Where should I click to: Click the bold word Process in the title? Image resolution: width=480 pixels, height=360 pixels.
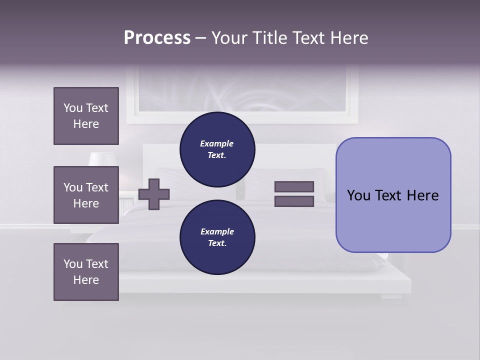click(x=157, y=38)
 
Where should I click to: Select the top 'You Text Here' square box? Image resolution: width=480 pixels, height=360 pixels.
click(x=86, y=116)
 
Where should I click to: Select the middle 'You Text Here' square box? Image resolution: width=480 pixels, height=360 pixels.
click(x=86, y=195)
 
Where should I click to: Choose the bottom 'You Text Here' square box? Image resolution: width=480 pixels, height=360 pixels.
click(x=86, y=272)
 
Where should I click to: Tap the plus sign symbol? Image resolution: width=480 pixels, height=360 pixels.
click(x=154, y=194)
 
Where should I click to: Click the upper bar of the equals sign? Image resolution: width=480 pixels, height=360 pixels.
click(x=294, y=186)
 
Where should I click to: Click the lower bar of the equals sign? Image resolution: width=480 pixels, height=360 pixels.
click(x=294, y=201)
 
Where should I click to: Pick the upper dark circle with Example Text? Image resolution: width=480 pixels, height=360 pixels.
click(x=217, y=149)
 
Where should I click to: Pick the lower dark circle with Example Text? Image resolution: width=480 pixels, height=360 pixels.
click(x=217, y=237)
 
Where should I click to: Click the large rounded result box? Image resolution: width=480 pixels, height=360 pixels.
click(x=393, y=220)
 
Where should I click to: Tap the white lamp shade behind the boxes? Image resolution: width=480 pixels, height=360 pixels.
click(x=102, y=158)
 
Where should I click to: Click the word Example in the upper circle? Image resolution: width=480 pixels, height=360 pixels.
click(x=217, y=143)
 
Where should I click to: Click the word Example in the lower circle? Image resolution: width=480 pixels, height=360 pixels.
click(x=217, y=231)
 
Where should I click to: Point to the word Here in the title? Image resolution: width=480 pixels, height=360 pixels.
click(x=349, y=38)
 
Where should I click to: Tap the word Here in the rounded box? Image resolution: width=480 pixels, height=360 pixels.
click(x=422, y=195)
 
